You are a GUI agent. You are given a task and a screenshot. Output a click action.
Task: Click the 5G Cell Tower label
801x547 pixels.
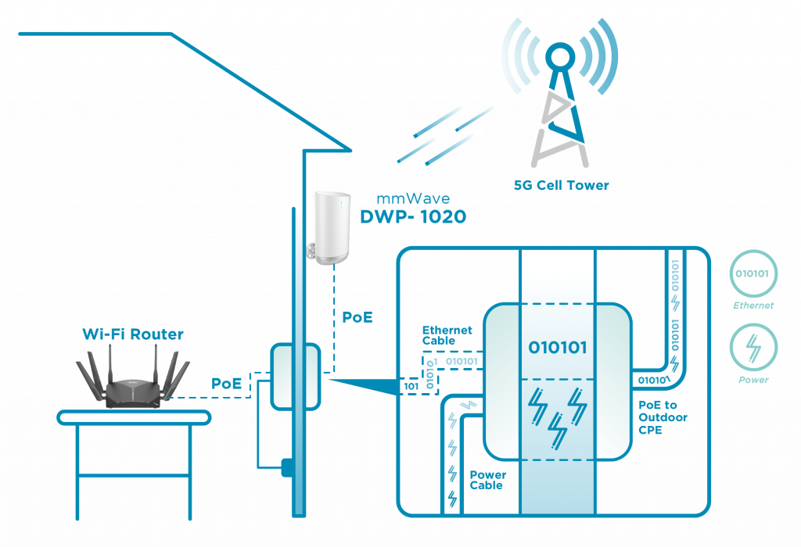click(560, 186)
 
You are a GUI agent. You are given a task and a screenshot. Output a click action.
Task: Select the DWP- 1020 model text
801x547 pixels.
click(412, 217)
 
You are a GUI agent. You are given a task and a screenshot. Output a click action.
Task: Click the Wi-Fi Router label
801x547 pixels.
click(133, 334)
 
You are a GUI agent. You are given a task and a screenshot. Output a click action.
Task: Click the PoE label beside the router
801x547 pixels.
click(227, 384)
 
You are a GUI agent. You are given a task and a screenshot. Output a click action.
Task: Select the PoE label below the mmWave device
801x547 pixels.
click(357, 318)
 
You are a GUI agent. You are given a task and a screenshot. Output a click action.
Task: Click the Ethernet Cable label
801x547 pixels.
click(447, 335)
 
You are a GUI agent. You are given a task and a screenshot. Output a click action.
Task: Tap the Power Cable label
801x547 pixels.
click(487, 480)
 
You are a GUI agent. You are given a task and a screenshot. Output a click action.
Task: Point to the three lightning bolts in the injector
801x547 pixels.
click(557, 414)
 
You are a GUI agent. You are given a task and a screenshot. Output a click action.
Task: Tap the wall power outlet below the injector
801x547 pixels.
click(287, 467)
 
